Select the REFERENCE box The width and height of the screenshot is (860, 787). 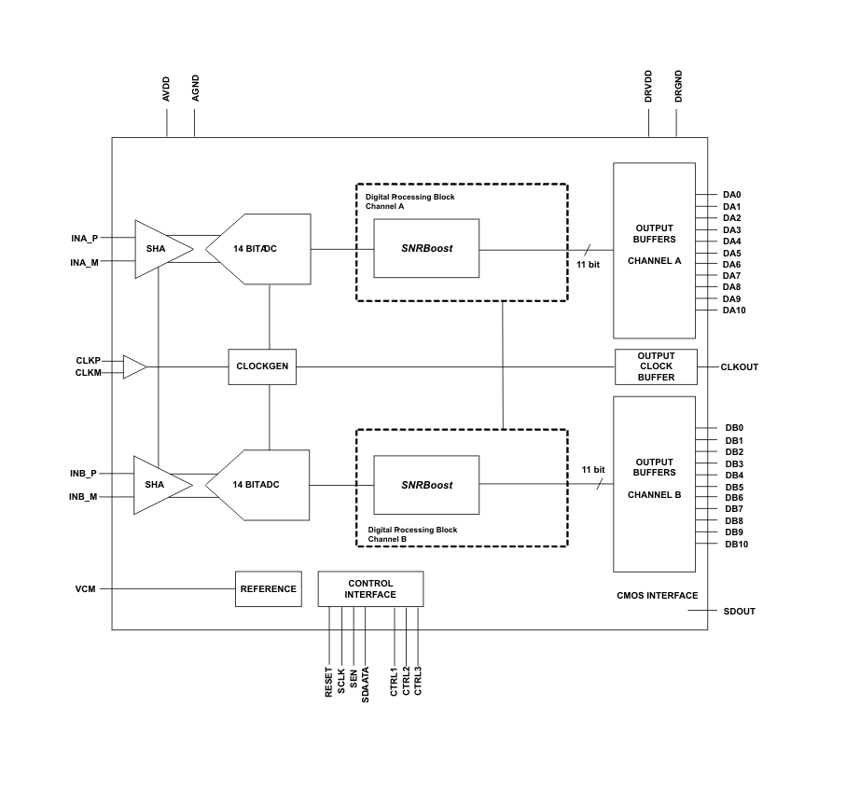coord(268,589)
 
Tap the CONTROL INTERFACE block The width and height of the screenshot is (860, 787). coord(370,589)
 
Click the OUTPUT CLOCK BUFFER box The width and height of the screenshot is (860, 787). coord(656,366)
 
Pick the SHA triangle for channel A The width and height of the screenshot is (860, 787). coord(160,249)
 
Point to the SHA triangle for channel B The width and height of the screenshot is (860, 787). coord(159,485)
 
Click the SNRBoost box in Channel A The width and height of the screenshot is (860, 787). coord(426,249)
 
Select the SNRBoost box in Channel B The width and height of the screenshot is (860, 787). coord(426,485)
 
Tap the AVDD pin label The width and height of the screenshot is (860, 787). coord(167,89)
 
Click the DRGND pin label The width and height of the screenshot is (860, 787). coord(678,86)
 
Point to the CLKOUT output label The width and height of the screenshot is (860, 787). coord(739,367)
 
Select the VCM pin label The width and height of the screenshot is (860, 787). coord(85,589)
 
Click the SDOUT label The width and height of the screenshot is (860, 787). coord(739,612)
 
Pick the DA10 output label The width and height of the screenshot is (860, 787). coord(734,311)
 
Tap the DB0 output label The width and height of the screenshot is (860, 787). coord(734,428)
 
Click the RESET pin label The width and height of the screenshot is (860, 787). coord(329,681)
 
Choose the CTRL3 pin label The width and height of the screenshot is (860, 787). coord(418,680)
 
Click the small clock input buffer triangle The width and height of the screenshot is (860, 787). coord(134,367)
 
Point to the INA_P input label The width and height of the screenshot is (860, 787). coord(84,239)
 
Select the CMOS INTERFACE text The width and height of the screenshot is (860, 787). coord(657,596)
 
